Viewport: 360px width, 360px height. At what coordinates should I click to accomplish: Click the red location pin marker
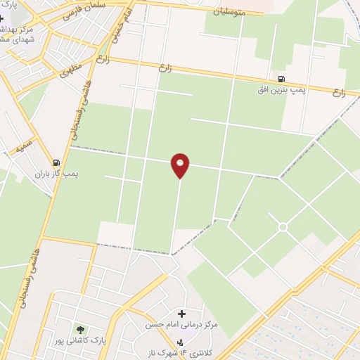pyautogui.click(x=180, y=165)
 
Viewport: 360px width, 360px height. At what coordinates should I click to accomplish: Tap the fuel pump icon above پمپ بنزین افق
pyautogui.click(x=282, y=79)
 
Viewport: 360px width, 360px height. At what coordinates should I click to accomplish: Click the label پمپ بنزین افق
pyautogui.click(x=282, y=91)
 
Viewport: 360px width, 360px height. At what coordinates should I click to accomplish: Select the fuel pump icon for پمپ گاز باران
pyautogui.click(x=57, y=162)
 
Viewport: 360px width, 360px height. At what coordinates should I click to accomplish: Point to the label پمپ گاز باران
pyautogui.click(x=57, y=174)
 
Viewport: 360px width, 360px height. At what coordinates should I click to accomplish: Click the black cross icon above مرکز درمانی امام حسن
pyautogui.click(x=181, y=314)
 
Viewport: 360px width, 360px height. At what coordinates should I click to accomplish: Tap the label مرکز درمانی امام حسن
pyautogui.click(x=181, y=325)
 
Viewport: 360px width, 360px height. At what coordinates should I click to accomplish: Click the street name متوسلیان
pyautogui.click(x=232, y=11)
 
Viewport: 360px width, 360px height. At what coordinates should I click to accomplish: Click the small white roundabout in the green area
pyautogui.click(x=283, y=227)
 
